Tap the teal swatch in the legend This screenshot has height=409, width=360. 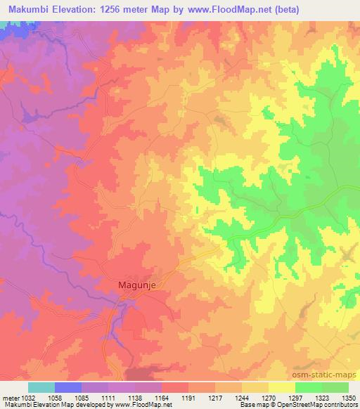point(41,387)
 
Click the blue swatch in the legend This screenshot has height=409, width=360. point(67,387)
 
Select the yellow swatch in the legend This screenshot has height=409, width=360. point(281,387)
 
